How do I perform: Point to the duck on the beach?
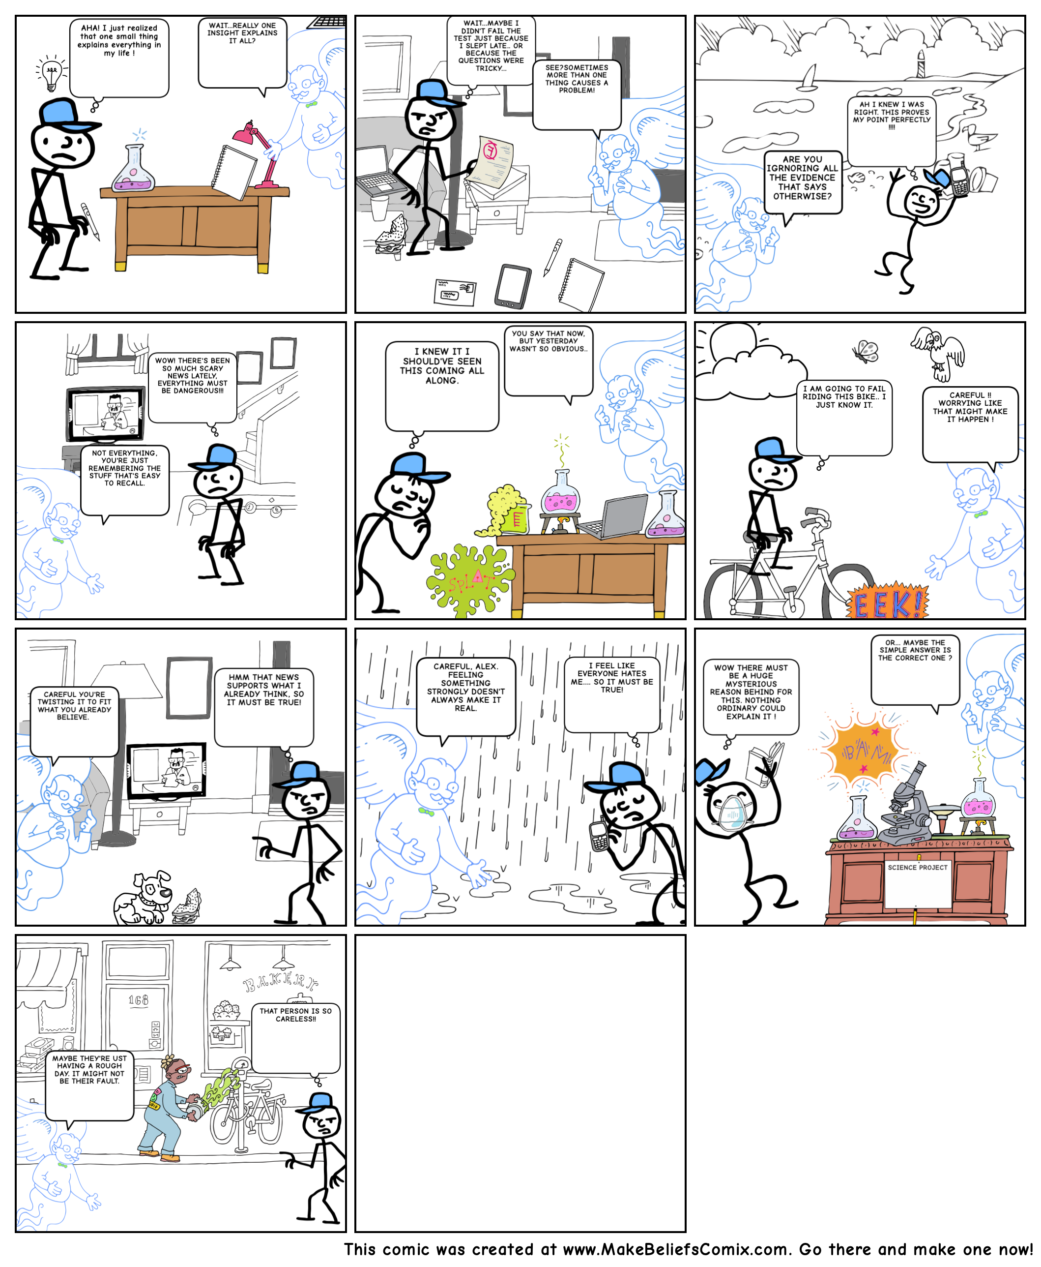(979, 137)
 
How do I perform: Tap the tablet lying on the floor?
(513, 286)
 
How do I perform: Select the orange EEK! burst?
(888, 601)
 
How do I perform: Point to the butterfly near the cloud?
(866, 351)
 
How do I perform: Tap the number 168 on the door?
(138, 1000)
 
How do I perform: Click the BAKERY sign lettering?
(281, 983)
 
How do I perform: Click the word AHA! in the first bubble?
(90, 28)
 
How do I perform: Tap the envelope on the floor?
(455, 292)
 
